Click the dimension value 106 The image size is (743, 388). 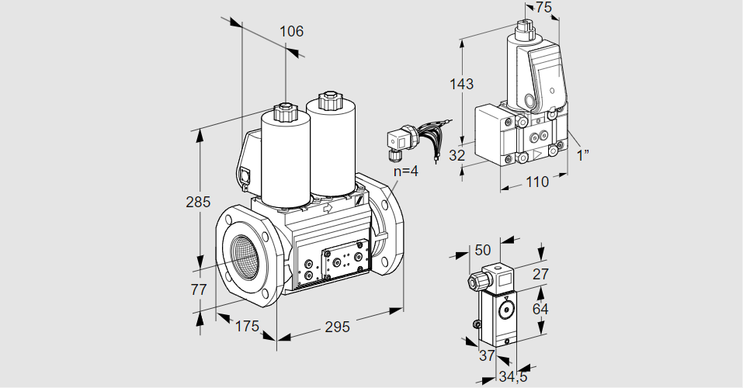coord(291,32)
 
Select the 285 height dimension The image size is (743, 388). coord(199,203)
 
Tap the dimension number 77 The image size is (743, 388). coord(200,290)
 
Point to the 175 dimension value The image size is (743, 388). coord(246,326)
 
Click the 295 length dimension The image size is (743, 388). coord(336,327)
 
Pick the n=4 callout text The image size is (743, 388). coord(404,171)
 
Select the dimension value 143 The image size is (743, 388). coord(461,84)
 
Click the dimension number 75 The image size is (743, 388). coord(543,8)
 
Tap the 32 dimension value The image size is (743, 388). coord(457,154)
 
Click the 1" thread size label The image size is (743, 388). coord(582,154)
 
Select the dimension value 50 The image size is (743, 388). coord(483,250)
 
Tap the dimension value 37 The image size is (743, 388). coord(487,355)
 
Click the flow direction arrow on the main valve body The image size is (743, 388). coord(327,208)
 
